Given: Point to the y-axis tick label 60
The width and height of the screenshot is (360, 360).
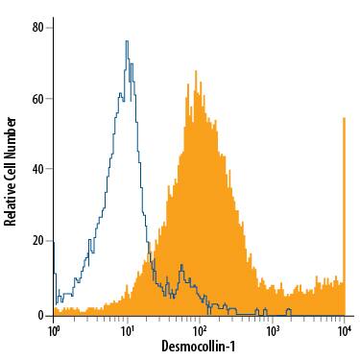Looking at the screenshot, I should [x=37, y=99].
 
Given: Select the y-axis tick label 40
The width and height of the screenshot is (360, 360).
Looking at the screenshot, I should [x=37, y=171].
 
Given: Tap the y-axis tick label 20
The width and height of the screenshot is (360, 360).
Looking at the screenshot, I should [x=37, y=243].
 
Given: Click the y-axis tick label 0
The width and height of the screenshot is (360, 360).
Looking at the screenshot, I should [x=40, y=315].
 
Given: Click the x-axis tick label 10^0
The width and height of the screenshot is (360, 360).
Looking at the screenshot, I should [x=55, y=330].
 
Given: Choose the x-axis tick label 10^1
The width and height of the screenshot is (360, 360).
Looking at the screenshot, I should [x=127, y=330].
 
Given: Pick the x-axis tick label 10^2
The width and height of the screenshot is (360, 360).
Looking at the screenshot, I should [x=200, y=330].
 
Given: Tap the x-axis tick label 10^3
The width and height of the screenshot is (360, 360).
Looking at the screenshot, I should [x=273, y=330].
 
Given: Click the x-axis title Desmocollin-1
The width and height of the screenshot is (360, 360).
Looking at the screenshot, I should [x=200, y=348].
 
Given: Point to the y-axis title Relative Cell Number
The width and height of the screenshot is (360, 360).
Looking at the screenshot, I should [x=11, y=171].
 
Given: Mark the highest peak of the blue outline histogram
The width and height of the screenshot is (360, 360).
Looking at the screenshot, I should [x=126, y=41].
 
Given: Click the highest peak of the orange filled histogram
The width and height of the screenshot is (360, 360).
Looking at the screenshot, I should [x=196, y=71].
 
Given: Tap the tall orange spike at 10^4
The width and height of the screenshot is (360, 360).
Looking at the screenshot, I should [x=344, y=118].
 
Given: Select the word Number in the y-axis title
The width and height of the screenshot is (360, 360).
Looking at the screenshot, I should [x=11, y=135].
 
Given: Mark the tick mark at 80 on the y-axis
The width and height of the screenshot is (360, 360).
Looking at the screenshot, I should [x=50, y=27].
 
